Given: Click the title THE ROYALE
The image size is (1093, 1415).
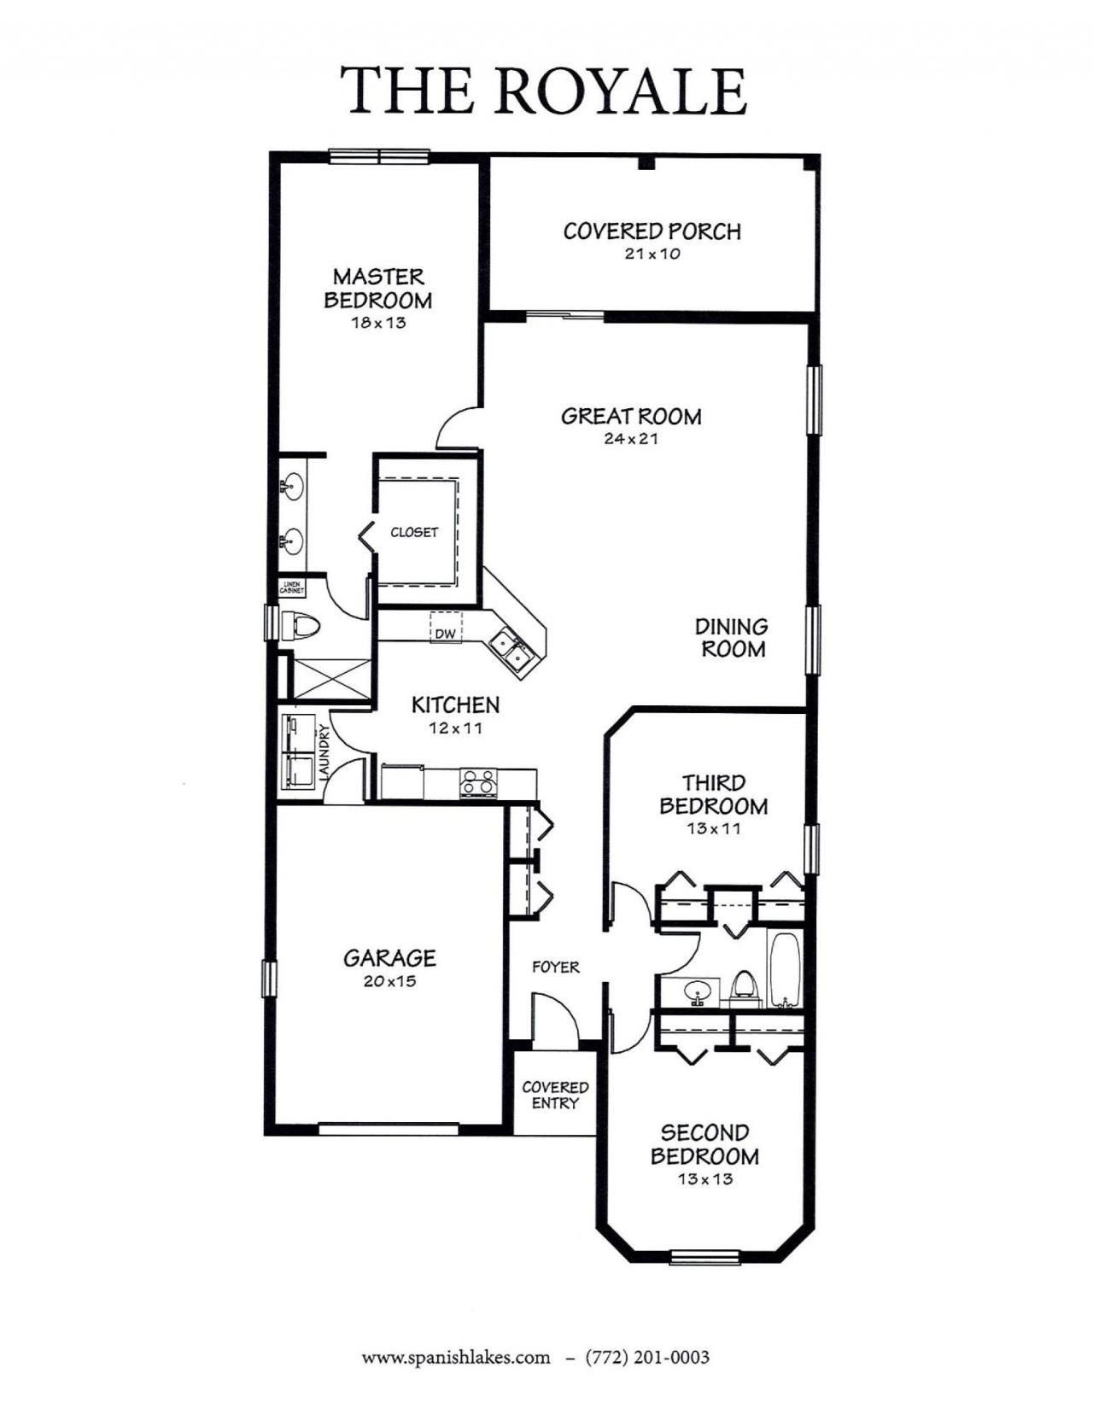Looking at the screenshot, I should [x=544, y=91].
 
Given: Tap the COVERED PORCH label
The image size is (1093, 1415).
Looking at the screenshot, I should [x=652, y=231].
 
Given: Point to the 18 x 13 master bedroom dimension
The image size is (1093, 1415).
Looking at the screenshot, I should [x=377, y=323].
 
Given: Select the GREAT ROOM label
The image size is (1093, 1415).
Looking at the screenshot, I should [x=631, y=417].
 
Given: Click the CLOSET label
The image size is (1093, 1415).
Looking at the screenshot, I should [x=414, y=532].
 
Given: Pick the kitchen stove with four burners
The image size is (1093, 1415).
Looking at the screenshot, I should [x=478, y=782].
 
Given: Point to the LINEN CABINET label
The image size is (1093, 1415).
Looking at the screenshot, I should [x=292, y=588].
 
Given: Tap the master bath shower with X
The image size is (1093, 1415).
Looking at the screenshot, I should [x=331, y=679].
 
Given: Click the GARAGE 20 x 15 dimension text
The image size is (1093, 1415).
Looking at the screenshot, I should [x=389, y=981].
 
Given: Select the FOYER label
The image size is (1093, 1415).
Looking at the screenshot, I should [x=555, y=967].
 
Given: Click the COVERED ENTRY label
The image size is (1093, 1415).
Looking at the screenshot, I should [x=555, y=1095].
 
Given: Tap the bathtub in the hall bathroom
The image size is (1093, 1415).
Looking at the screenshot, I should [x=784, y=969].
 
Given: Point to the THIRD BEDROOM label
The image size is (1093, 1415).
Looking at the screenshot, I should [x=713, y=794].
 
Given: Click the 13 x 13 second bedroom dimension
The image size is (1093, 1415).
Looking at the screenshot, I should [x=705, y=1179].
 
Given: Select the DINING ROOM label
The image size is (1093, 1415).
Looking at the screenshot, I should [x=732, y=638].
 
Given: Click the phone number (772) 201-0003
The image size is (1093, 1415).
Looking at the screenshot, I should [x=647, y=1357].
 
